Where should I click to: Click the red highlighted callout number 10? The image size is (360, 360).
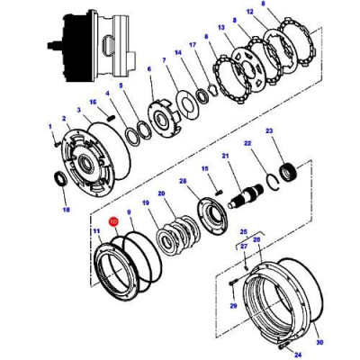pos(113,221)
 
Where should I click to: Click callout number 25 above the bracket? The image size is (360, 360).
pos(241,231)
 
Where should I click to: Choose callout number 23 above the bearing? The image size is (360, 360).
pos(268,133)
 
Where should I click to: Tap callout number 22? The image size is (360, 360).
pos(247,144)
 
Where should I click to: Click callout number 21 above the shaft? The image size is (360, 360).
pos(227,156)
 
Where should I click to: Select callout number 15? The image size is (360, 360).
pos(204,168)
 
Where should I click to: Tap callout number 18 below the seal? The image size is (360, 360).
pos(65,211)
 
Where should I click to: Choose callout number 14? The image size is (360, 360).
pos(178,53)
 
